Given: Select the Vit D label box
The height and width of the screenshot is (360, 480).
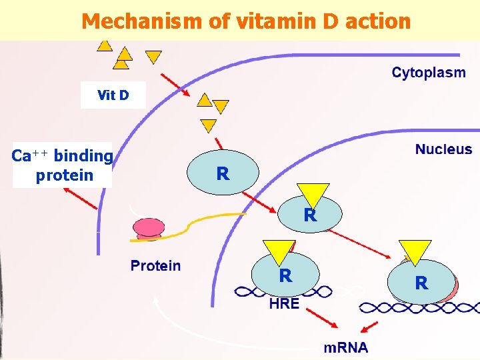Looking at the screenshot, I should click(113, 95).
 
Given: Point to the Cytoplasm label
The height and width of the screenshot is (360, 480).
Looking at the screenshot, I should click(429, 73).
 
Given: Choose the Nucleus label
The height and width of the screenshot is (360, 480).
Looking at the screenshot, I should click(443, 149).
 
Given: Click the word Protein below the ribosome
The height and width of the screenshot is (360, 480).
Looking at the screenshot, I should click(155, 266).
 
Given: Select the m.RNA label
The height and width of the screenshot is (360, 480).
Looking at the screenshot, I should click(345, 347).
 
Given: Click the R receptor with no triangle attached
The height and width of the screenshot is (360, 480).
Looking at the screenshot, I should click(223, 173).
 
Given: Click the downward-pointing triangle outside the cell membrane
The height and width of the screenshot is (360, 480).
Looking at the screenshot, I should click(153, 57).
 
